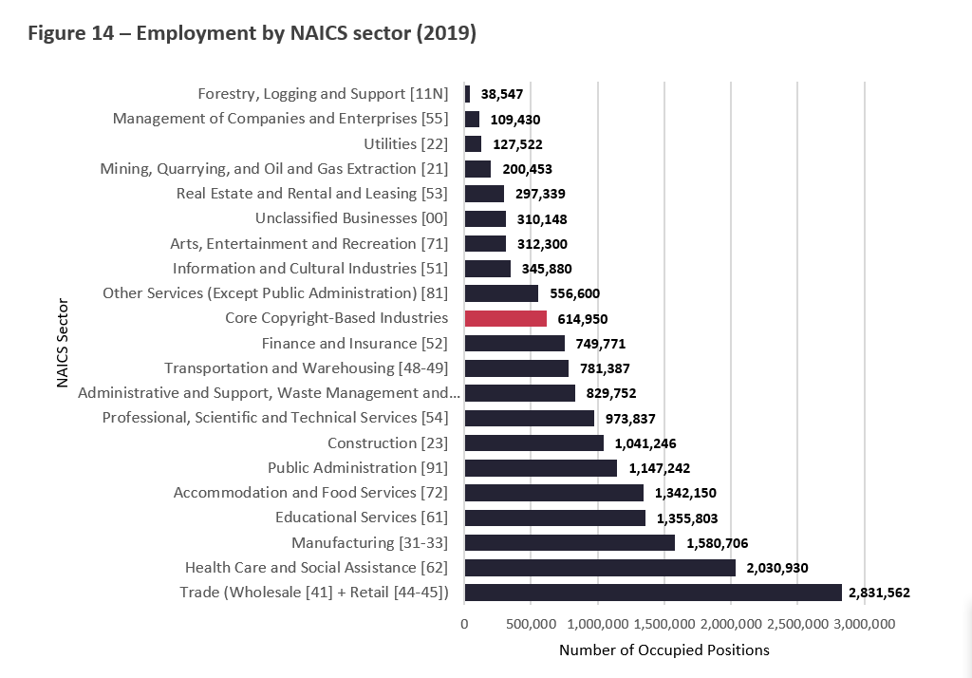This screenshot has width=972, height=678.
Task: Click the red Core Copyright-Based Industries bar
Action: pyautogui.click(x=505, y=318)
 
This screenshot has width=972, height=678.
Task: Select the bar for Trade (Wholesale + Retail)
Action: pyautogui.click(x=652, y=593)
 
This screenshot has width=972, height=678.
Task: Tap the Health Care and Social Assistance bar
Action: pyautogui.click(x=599, y=568)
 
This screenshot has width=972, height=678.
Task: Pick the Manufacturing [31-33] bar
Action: pyautogui.click(x=569, y=542)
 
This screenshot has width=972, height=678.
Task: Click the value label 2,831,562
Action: pyautogui.click(x=879, y=593)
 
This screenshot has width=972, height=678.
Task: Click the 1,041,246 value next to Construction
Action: pyautogui.click(x=645, y=443)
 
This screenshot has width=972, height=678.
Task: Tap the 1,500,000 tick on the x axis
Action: pyautogui.click(x=664, y=624)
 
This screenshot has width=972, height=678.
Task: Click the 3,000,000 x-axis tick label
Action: pyautogui.click(x=864, y=624)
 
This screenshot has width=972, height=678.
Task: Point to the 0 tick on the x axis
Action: pyautogui.click(x=464, y=624)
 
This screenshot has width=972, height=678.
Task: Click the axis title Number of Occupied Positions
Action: pyautogui.click(x=664, y=650)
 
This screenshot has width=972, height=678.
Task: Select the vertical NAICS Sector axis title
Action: pyautogui.click(x=63, y=343)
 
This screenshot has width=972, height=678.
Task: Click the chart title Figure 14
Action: pyautogui.click(x=252, y=34)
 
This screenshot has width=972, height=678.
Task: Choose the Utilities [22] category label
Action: pyautogui.click(x=405, y=143)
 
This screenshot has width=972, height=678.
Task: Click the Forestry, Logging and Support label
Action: pyautogui.click(x=323, y=94)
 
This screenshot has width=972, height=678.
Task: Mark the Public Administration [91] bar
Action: pyautogui.click(x=540, y=468)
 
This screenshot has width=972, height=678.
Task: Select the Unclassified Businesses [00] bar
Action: pyautogui.click(x=485, y=218)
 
